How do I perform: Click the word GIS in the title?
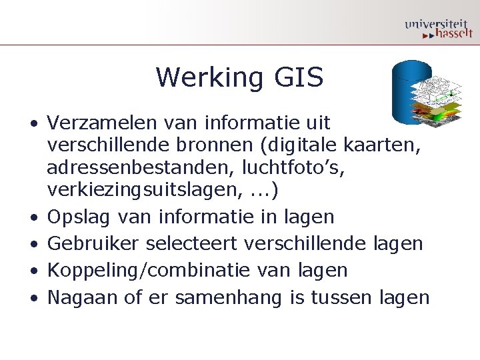click(x=297, y=78)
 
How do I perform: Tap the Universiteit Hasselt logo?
click(x=438, y=27)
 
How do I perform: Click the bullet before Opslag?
click(x=33, y=217)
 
